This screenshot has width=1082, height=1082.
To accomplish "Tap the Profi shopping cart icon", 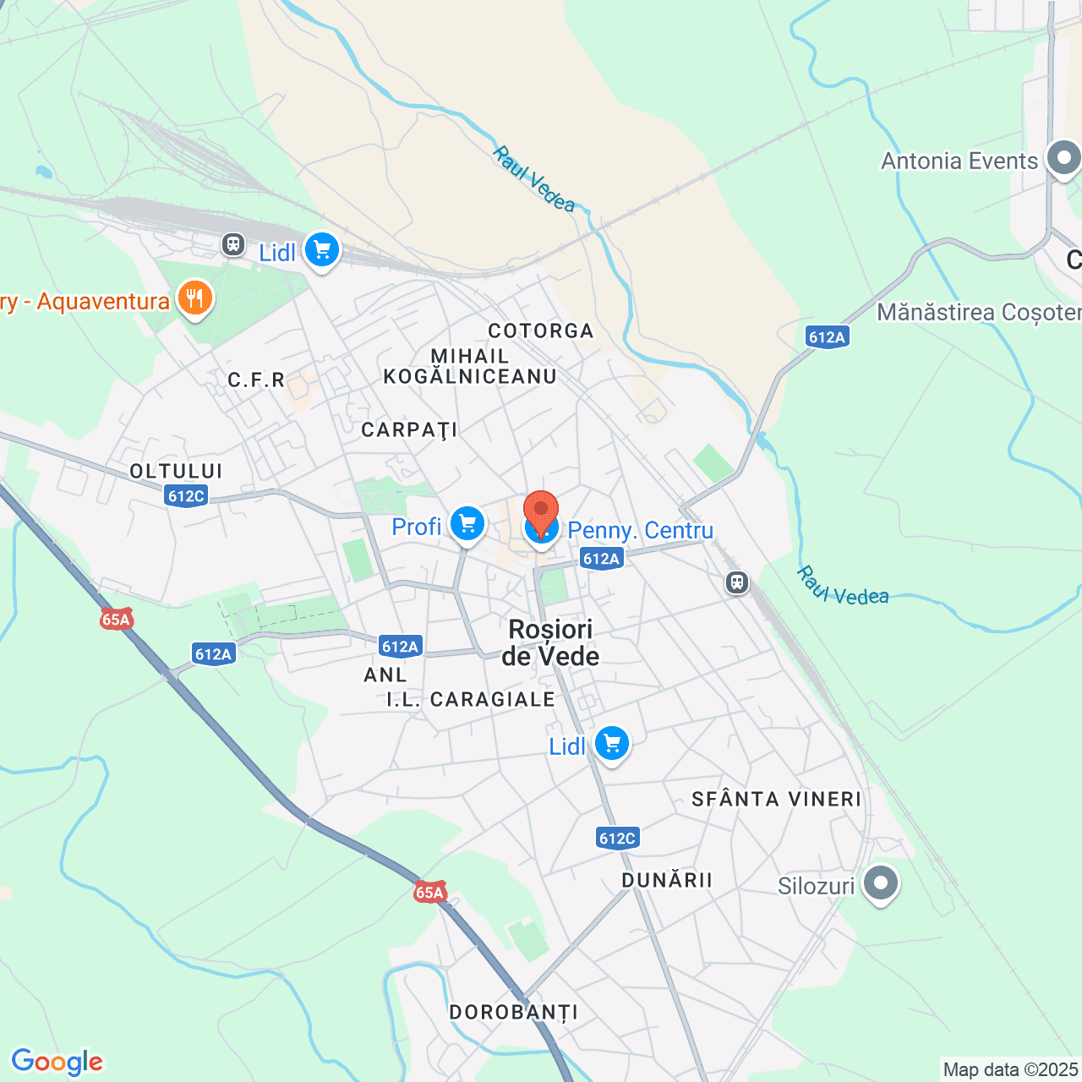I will click(x=467, y=525).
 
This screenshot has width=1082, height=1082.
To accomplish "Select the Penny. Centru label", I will click(x=640, y=531).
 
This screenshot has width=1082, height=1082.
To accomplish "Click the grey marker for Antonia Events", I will click(x=1063, y=158).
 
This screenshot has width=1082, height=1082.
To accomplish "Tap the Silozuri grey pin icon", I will click(x=881, y=883).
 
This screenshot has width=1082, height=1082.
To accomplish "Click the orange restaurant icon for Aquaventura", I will click(x=194, y=299).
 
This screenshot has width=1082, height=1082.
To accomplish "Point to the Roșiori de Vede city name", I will click(x=550, y=642).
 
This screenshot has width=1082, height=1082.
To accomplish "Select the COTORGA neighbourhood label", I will click(x=541, y=331).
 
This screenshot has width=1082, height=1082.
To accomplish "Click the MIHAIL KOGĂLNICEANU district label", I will click(x=470, y=366).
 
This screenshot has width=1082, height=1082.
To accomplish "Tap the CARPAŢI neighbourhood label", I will click(x=409, y=430).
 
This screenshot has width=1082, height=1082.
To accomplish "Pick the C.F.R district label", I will click(x=256, y=380).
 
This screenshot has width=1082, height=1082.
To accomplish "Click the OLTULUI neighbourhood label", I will click(x=176, y=471).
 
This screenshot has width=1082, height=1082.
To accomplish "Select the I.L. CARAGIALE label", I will click(x=471, y=699).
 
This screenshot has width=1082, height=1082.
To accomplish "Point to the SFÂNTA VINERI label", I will click(x=777, y=799).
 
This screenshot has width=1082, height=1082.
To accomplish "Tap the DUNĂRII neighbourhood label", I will click(x=667, y=880).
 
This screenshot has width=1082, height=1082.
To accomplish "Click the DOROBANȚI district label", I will click(x=514, y=1012).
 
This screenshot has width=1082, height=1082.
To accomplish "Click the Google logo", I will click(x=57, y=1062).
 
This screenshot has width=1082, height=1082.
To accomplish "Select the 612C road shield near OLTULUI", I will click(x=186, y=496).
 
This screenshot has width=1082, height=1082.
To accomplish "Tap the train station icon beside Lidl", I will click(x=233, y=245).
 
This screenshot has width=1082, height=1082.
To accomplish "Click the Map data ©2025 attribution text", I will click(x=1010, y=1069).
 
